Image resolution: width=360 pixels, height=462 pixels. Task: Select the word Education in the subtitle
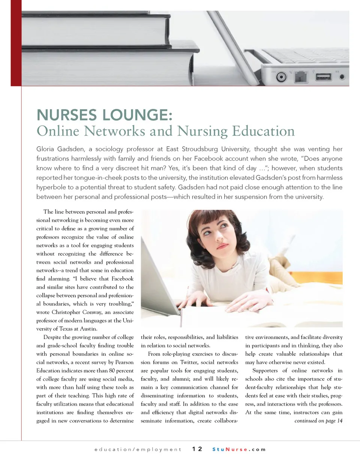tap(263, 131)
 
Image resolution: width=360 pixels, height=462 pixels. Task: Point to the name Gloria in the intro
tap(46, 149)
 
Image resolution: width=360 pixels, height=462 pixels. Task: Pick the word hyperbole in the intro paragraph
tap(52, 187)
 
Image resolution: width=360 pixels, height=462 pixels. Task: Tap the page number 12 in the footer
tap(197, 449)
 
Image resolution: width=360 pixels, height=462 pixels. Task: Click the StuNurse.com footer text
tap(239, 449)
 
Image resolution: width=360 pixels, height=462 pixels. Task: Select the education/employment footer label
tap(138, 449)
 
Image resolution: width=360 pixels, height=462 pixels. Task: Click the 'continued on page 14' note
tap(318, 421)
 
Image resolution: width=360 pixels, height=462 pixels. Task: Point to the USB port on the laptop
tap(323, 77)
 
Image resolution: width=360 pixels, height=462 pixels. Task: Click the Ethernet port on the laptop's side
tap(300, 77)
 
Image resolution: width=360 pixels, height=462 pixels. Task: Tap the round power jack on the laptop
tap(282, 77)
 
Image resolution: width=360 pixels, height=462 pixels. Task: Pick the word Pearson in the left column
tap(124, 362)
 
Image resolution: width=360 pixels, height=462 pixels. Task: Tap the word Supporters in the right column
tap(265, 371)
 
